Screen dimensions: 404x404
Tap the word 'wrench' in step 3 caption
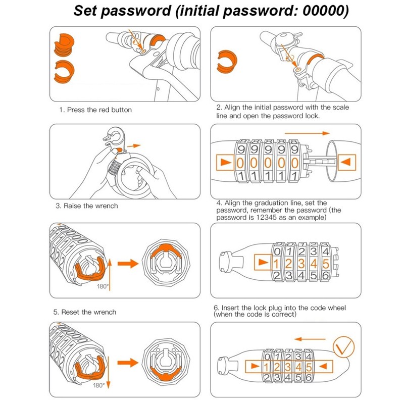[x=107, y=206]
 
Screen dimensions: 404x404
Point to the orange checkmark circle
[x=344, y=347]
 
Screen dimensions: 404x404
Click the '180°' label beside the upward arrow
[x=103, y=286]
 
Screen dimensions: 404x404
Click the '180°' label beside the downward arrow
[x=98, y=385]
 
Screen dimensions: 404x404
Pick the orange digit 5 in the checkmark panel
[x=309, y=367]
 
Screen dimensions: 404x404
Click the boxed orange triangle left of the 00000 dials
[x=225, y=162]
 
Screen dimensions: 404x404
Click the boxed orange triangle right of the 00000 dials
[x=346, y=162]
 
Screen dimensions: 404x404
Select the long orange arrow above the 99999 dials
[x=307, y=133]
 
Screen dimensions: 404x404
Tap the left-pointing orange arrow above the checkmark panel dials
[x=310, y=339]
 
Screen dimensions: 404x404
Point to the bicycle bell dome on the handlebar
[x=285, y=39]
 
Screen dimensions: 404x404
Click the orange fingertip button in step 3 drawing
[x=119, y=149]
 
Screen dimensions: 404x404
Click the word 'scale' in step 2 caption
[x=340, y=107]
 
